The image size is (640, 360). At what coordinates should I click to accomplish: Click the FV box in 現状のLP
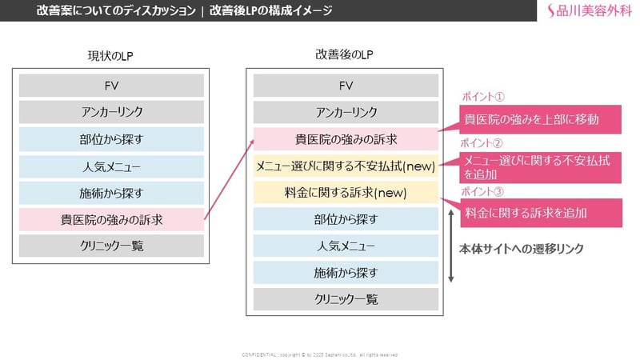tap(111, 86)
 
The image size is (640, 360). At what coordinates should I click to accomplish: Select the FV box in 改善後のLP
tap(346, 86)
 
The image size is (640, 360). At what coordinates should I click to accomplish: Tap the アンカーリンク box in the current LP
tap(111, 112)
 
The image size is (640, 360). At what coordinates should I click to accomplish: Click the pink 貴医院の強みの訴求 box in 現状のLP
tap(111, 219)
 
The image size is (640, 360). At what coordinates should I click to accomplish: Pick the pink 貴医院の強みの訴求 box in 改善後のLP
tap(346, 139)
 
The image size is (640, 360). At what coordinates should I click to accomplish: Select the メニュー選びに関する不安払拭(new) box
tap(346, 166)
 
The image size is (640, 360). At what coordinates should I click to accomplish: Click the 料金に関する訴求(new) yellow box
tap(346, 193)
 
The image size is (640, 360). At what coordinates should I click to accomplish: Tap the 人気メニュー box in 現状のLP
tap(111, 166)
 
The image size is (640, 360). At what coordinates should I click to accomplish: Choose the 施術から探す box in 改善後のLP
tap(346, 273)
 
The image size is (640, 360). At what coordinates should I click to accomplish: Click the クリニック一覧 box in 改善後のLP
tap(346, 299)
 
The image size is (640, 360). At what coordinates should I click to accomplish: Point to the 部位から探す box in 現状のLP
tap(111, 139)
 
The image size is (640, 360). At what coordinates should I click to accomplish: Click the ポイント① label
tap(482, 98)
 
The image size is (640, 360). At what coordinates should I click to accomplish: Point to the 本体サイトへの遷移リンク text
tap(521, 249)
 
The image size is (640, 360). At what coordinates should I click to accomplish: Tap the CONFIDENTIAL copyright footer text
tap(320, 354)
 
